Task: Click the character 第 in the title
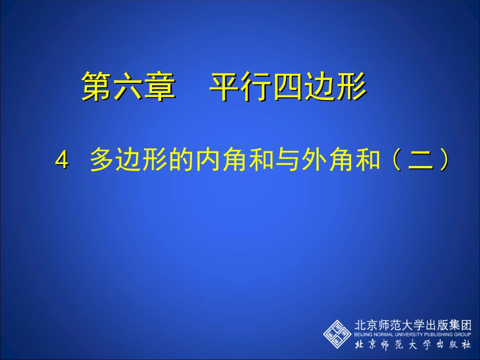(x=97, y=86)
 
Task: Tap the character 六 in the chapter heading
(x=127, y=86)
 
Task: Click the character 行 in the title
(x=256, y=86)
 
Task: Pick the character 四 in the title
(x=288, y=86)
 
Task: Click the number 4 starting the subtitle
(x=62, y=162)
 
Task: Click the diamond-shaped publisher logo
(x=337, y=333)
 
